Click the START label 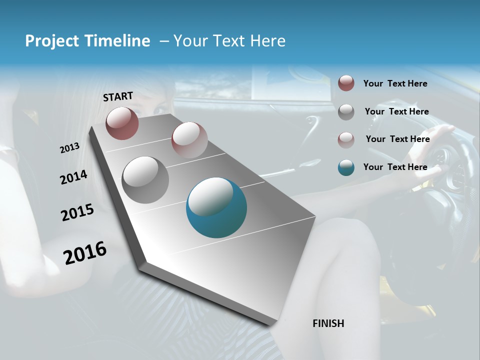[x=118, y=96]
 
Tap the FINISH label [x=328, y=323]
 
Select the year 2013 [x=69, y=148]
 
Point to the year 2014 [x=73, y=177]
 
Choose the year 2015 [x=77, y=212]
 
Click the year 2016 [x=85, y=253]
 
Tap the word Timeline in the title [x=118, y=41]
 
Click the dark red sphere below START [x=122, y=123]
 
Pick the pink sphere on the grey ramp [x=189, y=140]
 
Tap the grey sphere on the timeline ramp [x=145, y=180]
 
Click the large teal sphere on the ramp [x=216, y=207]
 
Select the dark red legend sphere [x=346, y=83]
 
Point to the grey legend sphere [x=346, y=112]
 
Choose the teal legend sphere [x=346, y=167]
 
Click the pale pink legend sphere [x=346, y=139]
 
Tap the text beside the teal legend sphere [x=395, y=167]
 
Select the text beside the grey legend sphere [x=396, y=111]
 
